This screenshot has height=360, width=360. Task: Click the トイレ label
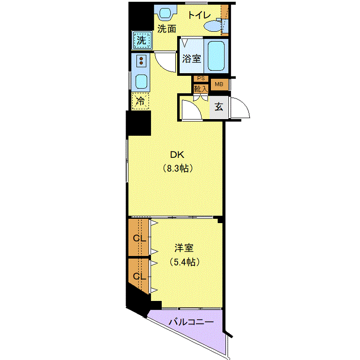pyautogui.click(x=199, y=15)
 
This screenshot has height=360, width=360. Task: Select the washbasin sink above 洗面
pyautogui.click(x=165, y=13)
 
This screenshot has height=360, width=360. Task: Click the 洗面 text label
pyautogui.click(x=167, y=29)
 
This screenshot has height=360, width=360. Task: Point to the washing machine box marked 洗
pyautogui.click(x=142, y=40)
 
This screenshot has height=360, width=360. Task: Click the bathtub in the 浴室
pyautogui.click(x=216, y=56)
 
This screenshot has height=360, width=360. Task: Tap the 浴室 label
pyautogui.click(x=191, y=59)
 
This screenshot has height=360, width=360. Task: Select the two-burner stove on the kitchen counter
pyautogui.click(x=141, y=60)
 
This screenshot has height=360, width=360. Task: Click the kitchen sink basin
pyautogui.click(x=141, y=81)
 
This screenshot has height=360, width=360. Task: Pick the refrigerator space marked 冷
pyautogui.click(x=140, y=101)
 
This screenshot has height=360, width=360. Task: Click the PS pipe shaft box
pyautogui.click(x=201, y=79)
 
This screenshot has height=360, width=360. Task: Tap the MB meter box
pyautogui.click(x=219, y=84)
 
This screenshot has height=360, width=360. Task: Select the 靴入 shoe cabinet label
pyautogui.click(x=201, y=89)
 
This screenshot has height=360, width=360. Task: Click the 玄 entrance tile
pyautogui.click(x=219, y=107)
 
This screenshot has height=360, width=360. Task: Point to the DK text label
pyautogui.click(x=177, y=155)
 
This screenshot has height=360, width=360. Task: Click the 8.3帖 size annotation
pyautogui.click(x=178, y=168)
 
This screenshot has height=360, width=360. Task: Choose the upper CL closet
pyautogui.click(x=138, y=238)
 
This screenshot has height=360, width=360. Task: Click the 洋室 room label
pyautogui.click(x=184, y=248)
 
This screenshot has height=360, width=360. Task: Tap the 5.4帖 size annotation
pyautogui.click(x=184, y=262)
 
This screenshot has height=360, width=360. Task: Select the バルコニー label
pyautogui.click(x=191, y=322)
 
